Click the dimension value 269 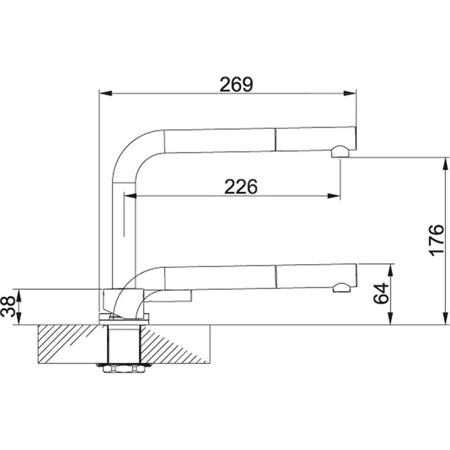[x=236, y=84]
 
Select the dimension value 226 [x=241, y=186]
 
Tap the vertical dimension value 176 [x=436, y=241]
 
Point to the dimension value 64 [x=381, y=294]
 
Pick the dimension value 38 [x=9, y=307]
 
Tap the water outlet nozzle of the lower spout [x=341, y=287]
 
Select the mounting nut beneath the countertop [x=123, y=368]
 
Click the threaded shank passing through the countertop [x=123, y=343]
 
